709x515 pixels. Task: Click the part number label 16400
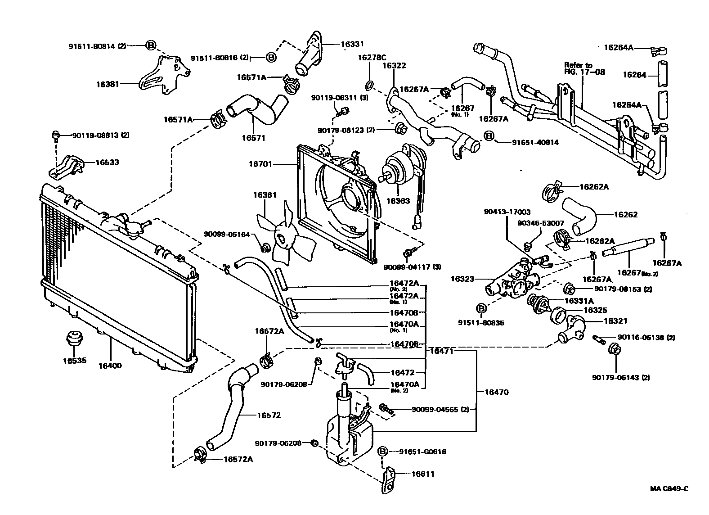pos(110,366)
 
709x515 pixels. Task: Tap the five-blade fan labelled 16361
pos(284,238)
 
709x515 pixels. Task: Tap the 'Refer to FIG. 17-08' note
pos(584,68)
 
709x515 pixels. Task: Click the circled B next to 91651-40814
pos(489,136)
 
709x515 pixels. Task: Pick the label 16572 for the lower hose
pos(269,415)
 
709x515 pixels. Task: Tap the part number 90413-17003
pos(507,212)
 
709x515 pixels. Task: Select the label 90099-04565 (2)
pos(440,410)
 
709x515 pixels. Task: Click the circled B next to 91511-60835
pos(481,309)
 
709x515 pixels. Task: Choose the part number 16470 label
pos(496,392)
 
